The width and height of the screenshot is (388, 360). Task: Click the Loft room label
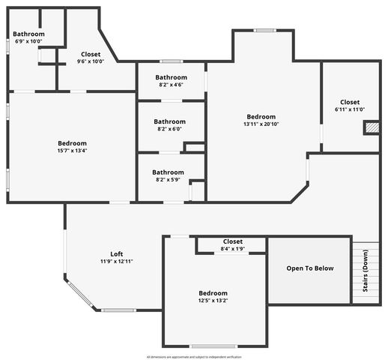(116, 253)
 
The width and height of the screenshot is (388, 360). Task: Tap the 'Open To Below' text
(310, 268)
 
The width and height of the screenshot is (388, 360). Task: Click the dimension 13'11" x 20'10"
(261, 124)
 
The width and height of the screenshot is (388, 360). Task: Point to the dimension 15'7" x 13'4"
(73, 151)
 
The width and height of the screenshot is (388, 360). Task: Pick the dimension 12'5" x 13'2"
(213, 301)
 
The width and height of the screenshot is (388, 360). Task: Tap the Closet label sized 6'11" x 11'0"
(349, 109)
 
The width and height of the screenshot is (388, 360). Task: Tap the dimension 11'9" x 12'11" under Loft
(116, 262)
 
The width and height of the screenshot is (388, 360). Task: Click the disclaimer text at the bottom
(194, 356)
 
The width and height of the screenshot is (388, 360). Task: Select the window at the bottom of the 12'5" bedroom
(213, 346)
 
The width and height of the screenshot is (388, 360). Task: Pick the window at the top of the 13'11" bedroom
(264, 31)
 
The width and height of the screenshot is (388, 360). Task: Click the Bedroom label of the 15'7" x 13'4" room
(73, 143)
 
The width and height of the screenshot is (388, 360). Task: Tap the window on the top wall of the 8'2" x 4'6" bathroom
(171, 61)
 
